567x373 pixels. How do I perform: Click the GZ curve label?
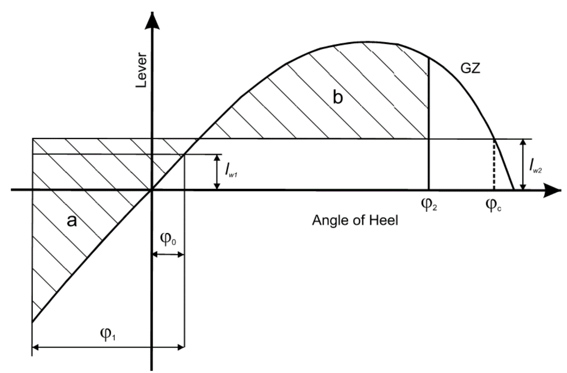470,69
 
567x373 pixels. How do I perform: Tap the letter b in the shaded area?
337,98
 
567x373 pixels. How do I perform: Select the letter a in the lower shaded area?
72,221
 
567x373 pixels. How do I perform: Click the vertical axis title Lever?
142,70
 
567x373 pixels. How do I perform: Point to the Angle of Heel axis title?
355,221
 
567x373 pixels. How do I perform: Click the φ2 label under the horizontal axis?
429,204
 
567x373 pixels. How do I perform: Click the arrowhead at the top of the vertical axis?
153,20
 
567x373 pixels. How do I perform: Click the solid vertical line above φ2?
429,123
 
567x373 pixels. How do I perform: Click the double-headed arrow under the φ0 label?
168,255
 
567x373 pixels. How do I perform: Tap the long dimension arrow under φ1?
108,348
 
